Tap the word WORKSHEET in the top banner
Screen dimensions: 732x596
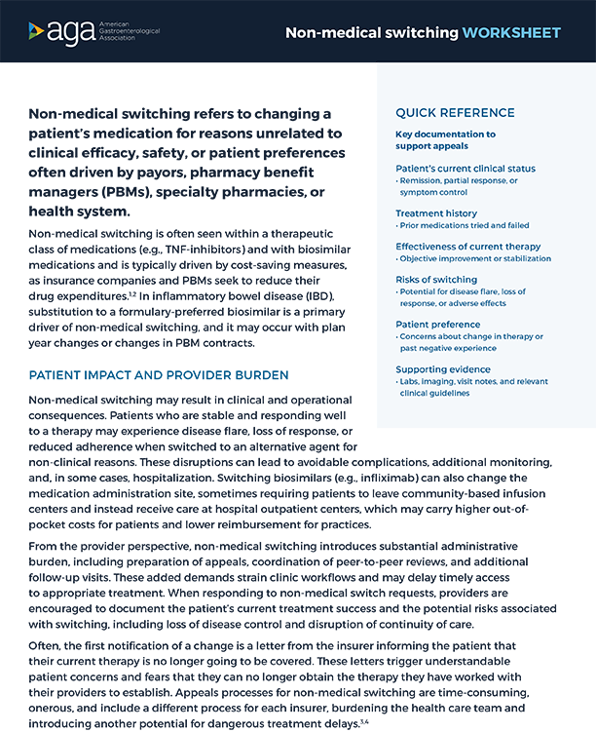[512, 32]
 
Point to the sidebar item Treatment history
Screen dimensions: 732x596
[436, 212]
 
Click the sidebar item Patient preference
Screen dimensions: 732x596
[438, 324]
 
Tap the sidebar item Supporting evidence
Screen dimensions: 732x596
[445, 368]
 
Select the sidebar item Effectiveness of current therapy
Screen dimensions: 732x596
[467, 247]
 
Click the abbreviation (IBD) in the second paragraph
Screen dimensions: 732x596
[353, 295]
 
